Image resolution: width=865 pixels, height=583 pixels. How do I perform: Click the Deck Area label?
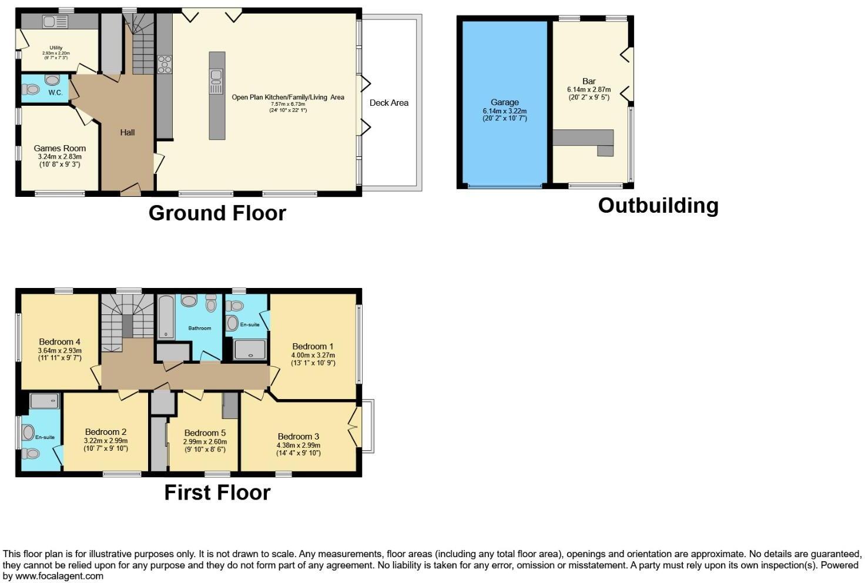[388, 103]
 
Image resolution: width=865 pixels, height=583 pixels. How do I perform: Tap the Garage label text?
[504, 102]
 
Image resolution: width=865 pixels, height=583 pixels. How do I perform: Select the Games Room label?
[59, 149]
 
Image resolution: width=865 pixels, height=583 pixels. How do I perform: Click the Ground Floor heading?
[217, 213]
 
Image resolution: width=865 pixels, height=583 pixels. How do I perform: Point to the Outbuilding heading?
[658, 206]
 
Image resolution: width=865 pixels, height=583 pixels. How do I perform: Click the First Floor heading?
[217, 492]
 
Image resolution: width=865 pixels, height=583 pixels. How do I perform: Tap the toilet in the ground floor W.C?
[31, 89]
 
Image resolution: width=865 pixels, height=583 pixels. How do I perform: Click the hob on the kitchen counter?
[165, 63]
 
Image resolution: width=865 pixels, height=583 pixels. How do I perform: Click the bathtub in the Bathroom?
[167, 317]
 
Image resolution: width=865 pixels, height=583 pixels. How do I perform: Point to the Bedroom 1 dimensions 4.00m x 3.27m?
[313, 355]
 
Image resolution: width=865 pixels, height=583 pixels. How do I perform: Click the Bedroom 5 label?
[204, 433]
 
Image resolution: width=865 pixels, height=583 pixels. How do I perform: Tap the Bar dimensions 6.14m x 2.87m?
[589, 89]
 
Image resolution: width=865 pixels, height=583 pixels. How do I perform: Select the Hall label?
[128, 133]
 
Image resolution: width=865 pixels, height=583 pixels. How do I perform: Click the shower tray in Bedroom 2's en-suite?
[45, 401]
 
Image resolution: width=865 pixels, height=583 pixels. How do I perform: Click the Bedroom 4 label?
[59, 342]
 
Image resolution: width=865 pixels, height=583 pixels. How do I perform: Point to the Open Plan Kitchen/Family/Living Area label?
[288, 98]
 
